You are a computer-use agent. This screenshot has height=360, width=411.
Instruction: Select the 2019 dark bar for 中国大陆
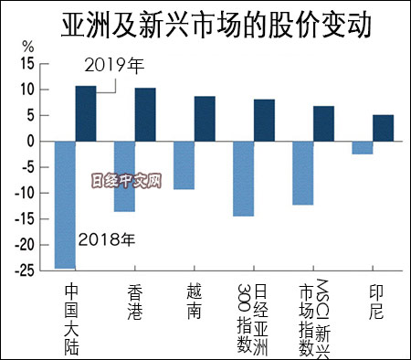point(85,114)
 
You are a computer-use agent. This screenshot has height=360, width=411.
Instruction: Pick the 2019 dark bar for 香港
point(144,115)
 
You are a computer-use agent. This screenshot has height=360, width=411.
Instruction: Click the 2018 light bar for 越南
point(184,165)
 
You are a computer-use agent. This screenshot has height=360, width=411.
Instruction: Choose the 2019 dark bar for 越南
point(205,119)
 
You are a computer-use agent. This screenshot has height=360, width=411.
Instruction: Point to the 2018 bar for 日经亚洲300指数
point(243,179)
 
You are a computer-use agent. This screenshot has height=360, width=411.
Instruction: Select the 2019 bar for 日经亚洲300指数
point(264,121)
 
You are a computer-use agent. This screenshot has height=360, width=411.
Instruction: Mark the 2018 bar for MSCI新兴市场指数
point(302,174)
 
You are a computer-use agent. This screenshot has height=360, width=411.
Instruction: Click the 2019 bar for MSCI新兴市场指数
point(323,124)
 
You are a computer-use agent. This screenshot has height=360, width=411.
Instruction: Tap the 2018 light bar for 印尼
point(362,148)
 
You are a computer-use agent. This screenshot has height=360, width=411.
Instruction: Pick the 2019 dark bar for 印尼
point(383,128)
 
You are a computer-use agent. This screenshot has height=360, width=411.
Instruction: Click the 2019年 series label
point(115,66)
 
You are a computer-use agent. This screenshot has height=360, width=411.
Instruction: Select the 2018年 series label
point(107,240)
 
